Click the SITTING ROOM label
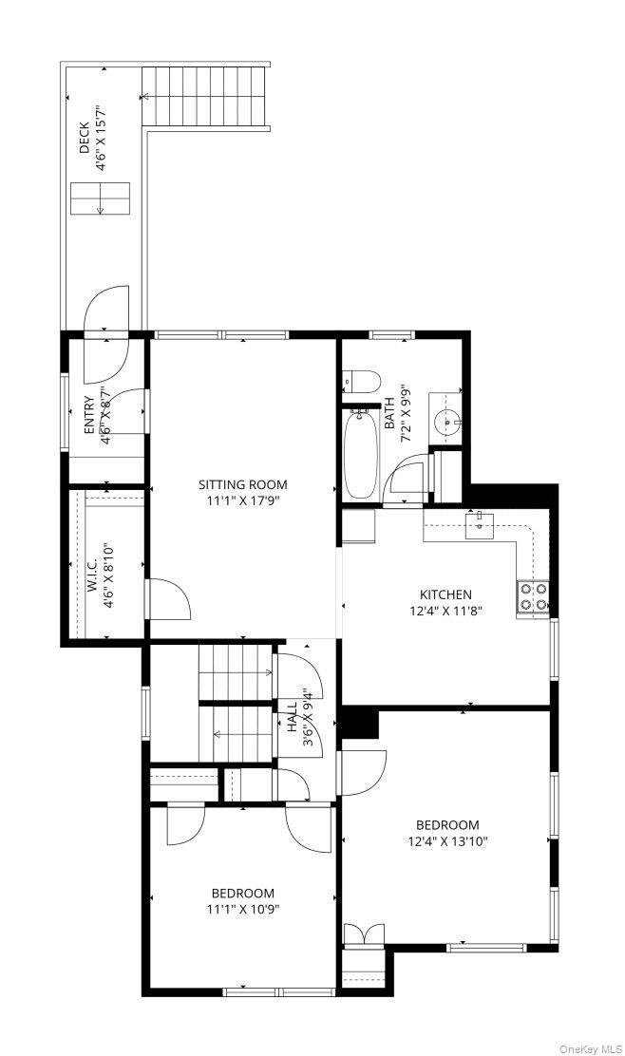coord(242,484)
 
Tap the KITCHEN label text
coord(445,594)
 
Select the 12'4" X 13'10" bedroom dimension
coord(447,840)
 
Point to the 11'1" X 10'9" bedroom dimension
coord(242,909)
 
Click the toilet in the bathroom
coord(362,381)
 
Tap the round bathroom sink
coord(447,423)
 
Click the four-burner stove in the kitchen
coord(533,596)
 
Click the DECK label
coord(84,138)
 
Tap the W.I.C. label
coord(92,575)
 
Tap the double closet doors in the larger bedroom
coord(364,934)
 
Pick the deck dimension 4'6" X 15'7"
coord(101,138)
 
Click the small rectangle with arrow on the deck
coord(101,198)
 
